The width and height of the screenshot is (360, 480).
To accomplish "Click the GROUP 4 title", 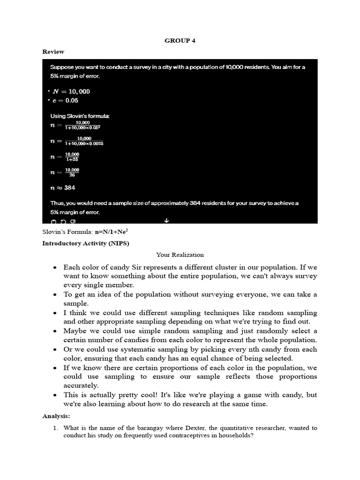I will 180,41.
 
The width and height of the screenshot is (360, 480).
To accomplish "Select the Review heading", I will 53,52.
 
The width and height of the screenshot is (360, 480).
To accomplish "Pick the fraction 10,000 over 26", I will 72,172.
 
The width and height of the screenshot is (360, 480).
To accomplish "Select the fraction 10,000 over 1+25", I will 72,156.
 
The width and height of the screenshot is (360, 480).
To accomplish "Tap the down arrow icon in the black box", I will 166,221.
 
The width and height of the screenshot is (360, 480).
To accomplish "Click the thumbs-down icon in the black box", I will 72,221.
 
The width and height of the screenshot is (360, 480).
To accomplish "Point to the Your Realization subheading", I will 180,255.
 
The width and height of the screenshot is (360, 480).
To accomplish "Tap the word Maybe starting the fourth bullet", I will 75,331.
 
